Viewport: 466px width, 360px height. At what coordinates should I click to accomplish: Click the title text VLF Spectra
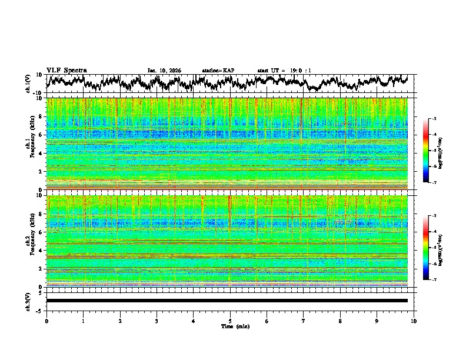66,71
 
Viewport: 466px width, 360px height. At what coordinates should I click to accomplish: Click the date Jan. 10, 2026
164,71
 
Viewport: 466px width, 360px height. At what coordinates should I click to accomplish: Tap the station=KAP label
218,71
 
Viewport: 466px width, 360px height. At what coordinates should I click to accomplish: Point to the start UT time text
284,71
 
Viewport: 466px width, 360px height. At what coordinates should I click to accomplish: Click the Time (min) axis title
230,326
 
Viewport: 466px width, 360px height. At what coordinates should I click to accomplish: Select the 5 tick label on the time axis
230,321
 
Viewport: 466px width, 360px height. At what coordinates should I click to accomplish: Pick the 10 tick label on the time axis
414,321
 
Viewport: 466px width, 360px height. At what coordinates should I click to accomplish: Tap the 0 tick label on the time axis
46,321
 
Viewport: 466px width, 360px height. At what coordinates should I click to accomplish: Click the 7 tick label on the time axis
304,321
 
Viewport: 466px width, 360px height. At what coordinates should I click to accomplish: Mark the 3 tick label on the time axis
157,321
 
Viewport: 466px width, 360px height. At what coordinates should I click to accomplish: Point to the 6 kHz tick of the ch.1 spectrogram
40,135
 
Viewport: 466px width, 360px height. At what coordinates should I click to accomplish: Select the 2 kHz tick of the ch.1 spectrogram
40,171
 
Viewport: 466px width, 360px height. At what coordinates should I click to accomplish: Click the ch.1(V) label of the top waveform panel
29,84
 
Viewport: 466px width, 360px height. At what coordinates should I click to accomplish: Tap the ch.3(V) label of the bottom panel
29,301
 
